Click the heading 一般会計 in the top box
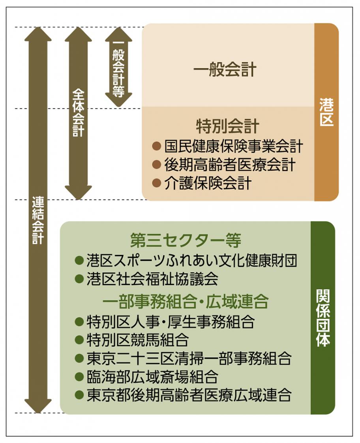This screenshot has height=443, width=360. [x=225, y=70]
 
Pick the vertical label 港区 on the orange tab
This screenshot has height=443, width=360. [x=326, y=112]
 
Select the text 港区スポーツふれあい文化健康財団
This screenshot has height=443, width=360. [x=192, y=260]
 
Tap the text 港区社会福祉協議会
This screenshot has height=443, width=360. [x=152, y=279]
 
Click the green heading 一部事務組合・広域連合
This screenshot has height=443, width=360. [x=186, y=302]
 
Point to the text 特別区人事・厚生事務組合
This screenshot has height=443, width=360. [x=170, y=322]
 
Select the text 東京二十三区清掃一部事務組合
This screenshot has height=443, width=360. [x=189, y=359]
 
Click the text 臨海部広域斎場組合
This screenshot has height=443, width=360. [x=152, y=377]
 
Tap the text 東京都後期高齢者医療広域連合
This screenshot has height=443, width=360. [x=189, y=395]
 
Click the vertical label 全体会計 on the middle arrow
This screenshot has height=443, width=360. [x=78, y=112]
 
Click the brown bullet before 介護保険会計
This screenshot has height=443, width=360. [x=157, y=183]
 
